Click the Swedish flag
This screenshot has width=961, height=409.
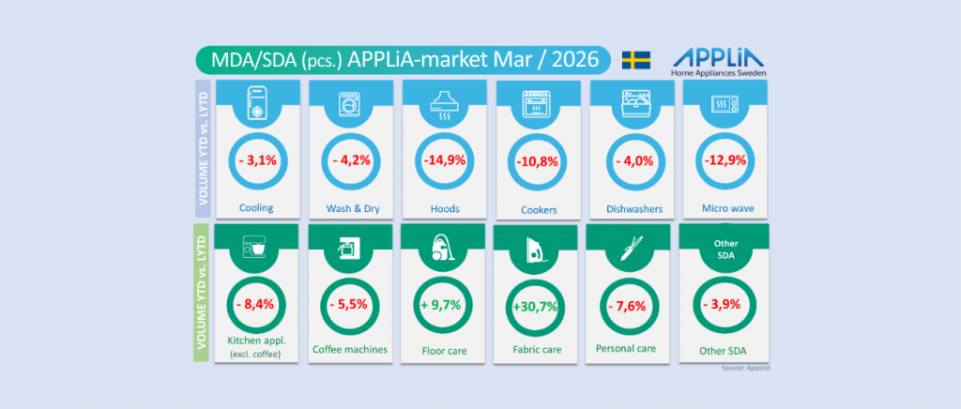tap(637, 60)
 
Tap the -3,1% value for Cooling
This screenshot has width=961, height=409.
tap(257, 161)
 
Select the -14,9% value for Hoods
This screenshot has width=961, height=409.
tap(444, 161)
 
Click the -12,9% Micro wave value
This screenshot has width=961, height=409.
tap(724, 161)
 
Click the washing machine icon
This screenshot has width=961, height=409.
tap(350, 102)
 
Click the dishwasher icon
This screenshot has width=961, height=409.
tap(631, 102)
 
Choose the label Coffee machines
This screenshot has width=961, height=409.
tap(350, 350)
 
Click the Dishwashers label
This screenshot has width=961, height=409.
tap(630, 208)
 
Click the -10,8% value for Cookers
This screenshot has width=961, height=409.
tap(538, 161)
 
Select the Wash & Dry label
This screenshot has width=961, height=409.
tap(350, 208)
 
